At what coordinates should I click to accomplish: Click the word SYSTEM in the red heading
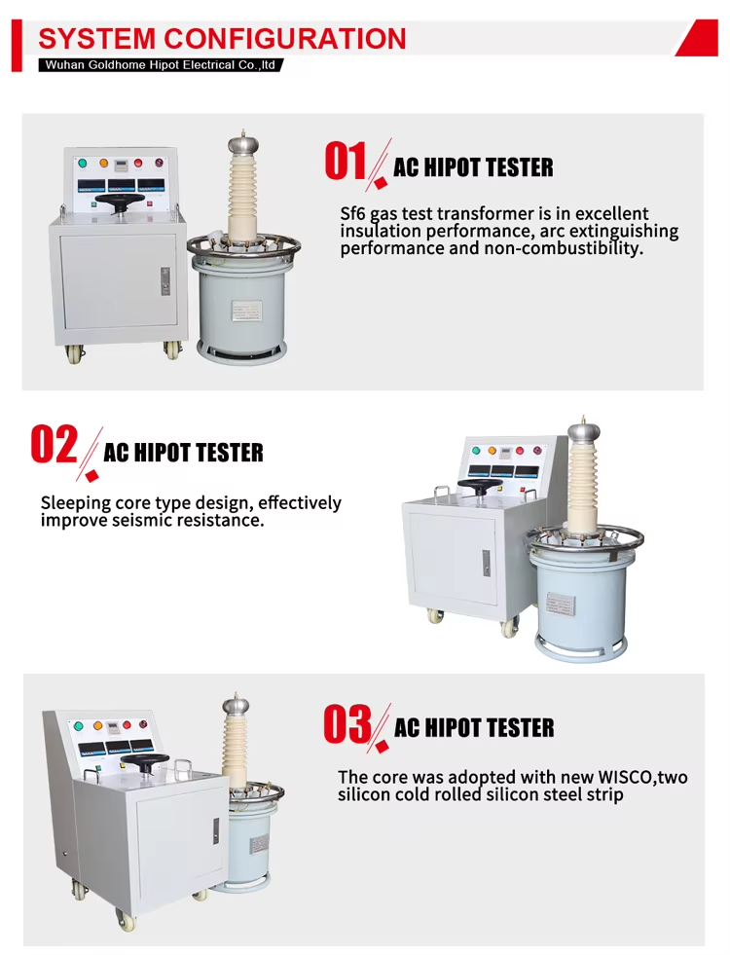coord(97,38)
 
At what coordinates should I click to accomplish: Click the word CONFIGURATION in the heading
coord(285,38)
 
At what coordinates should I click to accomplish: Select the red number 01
coord(346,162)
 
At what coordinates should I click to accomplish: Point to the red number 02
coord(55,445)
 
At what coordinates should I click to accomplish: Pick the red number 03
coord(347,723)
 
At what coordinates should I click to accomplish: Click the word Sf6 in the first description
coord(352,214)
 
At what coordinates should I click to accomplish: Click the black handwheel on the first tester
coord(120,201)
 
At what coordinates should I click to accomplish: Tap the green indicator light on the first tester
coord(82,163)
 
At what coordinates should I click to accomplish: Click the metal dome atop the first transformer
coord(243,145)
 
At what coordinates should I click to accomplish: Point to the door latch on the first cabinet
coord(165,281)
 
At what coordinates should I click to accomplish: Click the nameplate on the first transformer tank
coord(246,310)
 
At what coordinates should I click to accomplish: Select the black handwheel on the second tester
coord(480,486)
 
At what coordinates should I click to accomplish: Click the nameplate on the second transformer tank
coord(560,605)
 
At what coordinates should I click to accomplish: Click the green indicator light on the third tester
coord(78,726)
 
